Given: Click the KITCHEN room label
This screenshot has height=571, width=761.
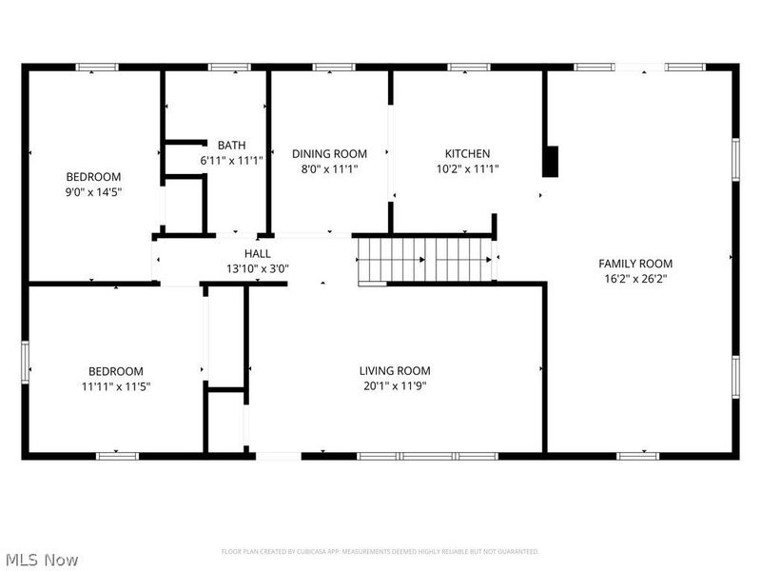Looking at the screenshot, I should coord(467,153).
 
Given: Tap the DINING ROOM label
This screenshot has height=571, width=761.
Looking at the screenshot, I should coord(329,153).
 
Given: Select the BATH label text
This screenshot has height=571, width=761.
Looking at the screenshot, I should coord(231,145).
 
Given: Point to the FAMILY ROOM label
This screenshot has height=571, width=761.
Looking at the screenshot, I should coord(635,264).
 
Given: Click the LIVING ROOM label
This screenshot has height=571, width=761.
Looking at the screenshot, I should coord(395,370).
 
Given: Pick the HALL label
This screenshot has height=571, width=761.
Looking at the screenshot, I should coord(257,253).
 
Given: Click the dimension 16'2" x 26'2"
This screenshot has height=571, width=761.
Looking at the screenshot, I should coord(635,280).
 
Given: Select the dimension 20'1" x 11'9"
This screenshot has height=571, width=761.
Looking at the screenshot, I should coord(395,386).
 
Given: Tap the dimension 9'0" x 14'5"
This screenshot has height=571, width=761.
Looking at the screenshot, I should coord(93,192).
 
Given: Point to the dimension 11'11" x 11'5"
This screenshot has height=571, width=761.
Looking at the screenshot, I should coord(116,386).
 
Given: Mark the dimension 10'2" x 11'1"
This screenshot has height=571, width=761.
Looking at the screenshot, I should coord(467,169).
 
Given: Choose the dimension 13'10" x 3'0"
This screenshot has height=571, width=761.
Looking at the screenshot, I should coord(257,269).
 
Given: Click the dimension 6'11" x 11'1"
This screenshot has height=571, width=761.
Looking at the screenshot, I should coord(231,161).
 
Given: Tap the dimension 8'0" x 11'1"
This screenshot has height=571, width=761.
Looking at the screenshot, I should coord(329,169).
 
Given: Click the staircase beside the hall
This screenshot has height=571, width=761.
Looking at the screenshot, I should coord(425,260).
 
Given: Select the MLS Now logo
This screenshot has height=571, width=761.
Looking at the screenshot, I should coord(41,560).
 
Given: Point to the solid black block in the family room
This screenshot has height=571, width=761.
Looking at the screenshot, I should coord(551,162).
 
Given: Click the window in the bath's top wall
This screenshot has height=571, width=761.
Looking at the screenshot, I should coord(229,67).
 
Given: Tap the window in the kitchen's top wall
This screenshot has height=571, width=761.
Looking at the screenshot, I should coord(469,67).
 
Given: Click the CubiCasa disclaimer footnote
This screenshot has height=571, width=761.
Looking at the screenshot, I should coord(380,551).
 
